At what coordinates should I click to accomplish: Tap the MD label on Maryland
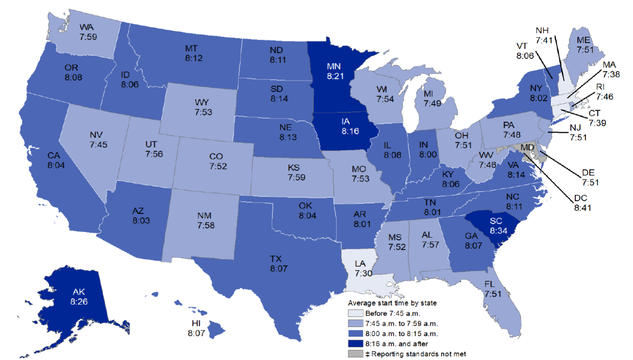click(x=528, y=146)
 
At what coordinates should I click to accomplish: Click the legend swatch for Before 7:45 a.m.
click(x=355, y=314)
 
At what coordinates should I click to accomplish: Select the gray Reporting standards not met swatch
click(x=355, y=353)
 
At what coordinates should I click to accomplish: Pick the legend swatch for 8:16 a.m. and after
click(x=355, y=343)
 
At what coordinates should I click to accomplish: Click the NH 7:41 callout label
click(x=545, y=35)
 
